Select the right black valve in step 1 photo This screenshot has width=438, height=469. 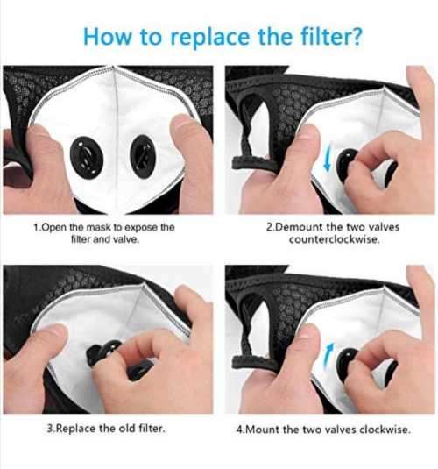pyautogui.click(x=142, y=155)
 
